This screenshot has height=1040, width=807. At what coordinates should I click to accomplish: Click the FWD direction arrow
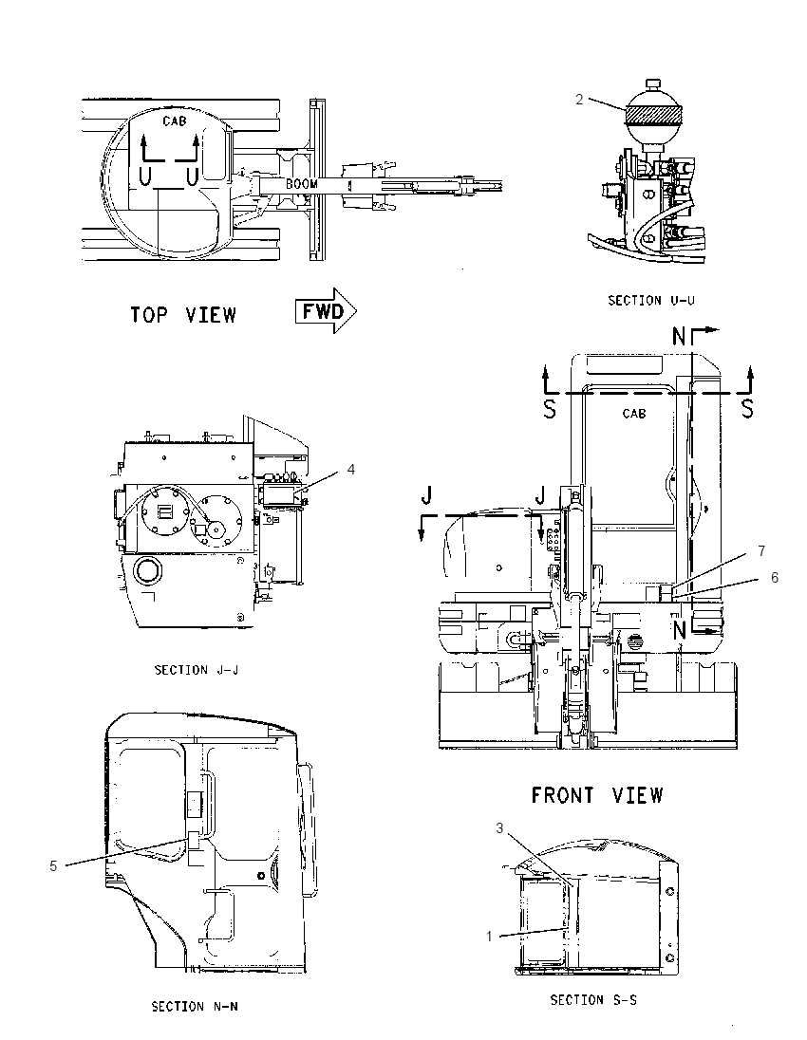[326, 311]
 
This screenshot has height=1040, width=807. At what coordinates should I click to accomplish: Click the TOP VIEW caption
[183, 314]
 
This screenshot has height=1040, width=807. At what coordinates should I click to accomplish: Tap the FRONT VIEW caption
[597, 794]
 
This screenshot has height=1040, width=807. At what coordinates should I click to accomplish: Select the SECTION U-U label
[651, 301]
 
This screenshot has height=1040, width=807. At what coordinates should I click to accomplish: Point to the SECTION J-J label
[197, 670]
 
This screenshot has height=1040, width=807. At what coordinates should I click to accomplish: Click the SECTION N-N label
[196, 1007]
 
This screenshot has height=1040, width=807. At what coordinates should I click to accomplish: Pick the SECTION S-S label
[593, 1000]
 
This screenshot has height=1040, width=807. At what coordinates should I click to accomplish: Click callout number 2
[579, 100]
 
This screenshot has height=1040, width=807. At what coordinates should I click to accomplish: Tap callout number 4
[351, 470]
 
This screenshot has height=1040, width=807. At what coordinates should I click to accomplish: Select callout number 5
[53, 865]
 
